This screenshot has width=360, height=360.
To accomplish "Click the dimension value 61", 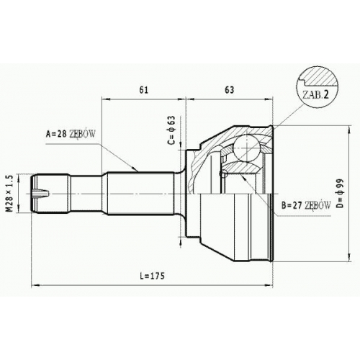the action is pos(144,90).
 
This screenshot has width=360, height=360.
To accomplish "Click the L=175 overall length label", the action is pos(153,276).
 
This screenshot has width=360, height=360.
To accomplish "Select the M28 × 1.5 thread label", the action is pos(10,194).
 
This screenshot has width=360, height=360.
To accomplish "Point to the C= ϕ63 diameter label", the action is pos(172,130).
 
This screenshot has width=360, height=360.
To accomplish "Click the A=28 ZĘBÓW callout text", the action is pos(71,134).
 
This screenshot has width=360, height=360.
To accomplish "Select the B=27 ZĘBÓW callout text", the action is pos(306,205).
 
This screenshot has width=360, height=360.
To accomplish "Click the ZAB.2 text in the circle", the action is pos(315,95).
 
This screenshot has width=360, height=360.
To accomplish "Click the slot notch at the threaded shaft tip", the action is pos(42,193).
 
